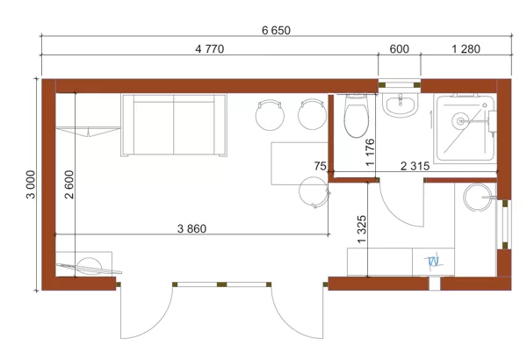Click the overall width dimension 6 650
(276, 31)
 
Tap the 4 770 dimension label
(210, 49)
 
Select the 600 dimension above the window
(400, 49)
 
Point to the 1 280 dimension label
(466, 49)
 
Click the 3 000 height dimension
(31, 184)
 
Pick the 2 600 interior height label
(69, 184)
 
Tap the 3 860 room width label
(191, 229)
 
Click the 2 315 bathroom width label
(415, 166)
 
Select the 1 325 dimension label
(362, 229)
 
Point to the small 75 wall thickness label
(320, 166)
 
